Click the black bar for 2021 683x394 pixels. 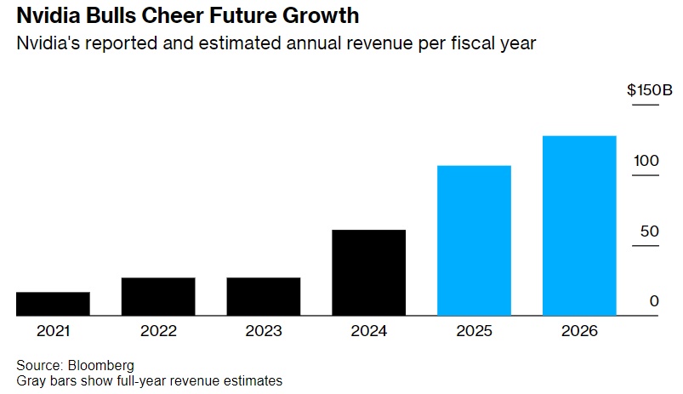[53, 304]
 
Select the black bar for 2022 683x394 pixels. [158, 296]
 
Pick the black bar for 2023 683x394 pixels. [264, 296]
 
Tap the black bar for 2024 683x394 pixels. [368, 272]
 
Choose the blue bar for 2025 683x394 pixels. [474, 240]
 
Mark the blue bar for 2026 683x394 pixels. [579, 226]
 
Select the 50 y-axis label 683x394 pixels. [649, 231]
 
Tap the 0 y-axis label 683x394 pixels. [653, 301]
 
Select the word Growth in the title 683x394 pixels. [320, 16]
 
